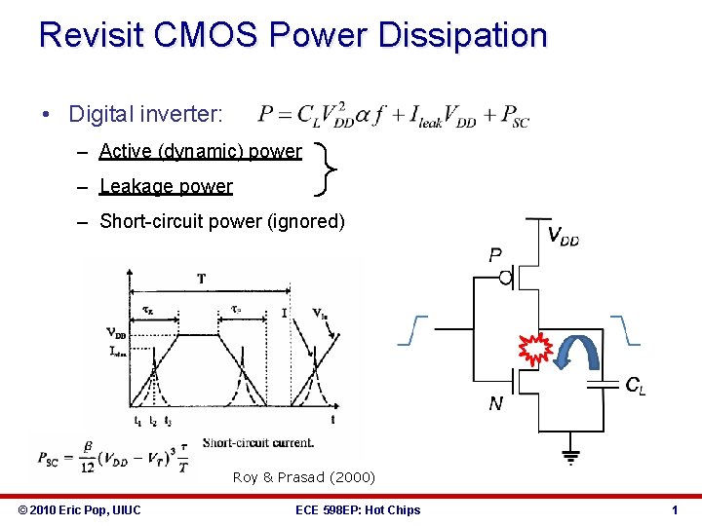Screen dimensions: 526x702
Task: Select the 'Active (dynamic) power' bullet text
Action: pyautogui.click(x=200, y=151)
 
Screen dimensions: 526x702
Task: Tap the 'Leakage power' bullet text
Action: pyautogui.click(x=166, y=186)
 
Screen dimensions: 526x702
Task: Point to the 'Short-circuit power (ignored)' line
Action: pyautogui.click(x=222, y=221)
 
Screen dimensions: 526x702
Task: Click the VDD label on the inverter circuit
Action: pyautogui.click(x=563, y=236)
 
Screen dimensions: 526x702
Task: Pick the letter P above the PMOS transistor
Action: pyautogui.click(x=495, y=255)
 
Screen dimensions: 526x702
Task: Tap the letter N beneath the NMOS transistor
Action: pyautogui.click(x=495, y=403)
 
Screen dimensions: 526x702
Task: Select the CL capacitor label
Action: pyautogui.click(x=635, y=387)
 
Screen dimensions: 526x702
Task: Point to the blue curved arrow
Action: pyautogui.click(x=574, y=351)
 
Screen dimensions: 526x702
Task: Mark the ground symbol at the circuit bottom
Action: pyautogui.click(x=569, y=455)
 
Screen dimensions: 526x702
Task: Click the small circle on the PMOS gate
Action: pyautogui.click(x=506, y=278)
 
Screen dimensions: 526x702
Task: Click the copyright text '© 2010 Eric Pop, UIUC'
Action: pyautogui.click(x=80, y=509)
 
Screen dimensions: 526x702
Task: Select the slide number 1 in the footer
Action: pyautogui.click(x=674, y=509)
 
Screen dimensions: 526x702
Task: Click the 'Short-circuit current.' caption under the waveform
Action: pyautogui.click(x=258, y=442)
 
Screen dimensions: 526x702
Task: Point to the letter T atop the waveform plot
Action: pyautogui.click(x=202, y=279)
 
